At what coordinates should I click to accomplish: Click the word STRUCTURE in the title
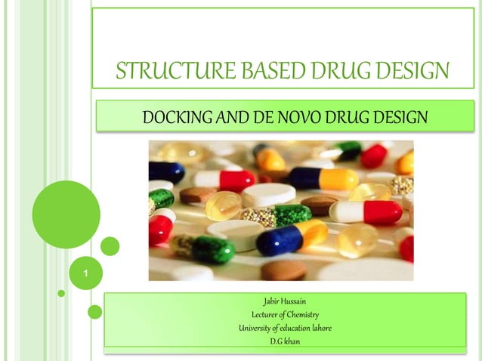point(164,72)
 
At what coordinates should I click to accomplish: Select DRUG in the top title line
point(338,72)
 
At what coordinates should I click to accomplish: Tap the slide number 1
point(86,271)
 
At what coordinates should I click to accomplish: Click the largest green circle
point(66,214)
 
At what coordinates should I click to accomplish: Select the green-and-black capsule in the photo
point(204,248)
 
